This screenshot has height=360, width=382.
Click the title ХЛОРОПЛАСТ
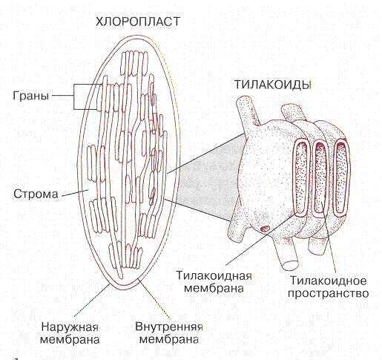138,22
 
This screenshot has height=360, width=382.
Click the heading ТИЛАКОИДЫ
273,85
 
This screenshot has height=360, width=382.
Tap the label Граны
31,96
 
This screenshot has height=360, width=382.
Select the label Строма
36,194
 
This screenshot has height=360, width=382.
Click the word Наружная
70,327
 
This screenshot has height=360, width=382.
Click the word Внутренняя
169,327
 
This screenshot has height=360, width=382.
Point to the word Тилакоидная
214,276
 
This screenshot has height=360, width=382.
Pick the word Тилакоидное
328,281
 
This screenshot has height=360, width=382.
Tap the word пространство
329,294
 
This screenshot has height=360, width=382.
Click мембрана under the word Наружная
70,339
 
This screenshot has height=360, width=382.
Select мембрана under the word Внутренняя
169,339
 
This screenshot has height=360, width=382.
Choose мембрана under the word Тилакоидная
214,289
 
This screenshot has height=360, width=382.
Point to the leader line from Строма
75,193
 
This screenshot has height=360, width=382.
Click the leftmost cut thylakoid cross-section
300,176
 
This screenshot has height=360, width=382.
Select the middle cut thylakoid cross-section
320,177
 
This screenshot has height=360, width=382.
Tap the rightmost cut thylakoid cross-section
341,176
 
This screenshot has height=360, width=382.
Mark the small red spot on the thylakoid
265,228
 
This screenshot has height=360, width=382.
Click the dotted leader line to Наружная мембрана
92,300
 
